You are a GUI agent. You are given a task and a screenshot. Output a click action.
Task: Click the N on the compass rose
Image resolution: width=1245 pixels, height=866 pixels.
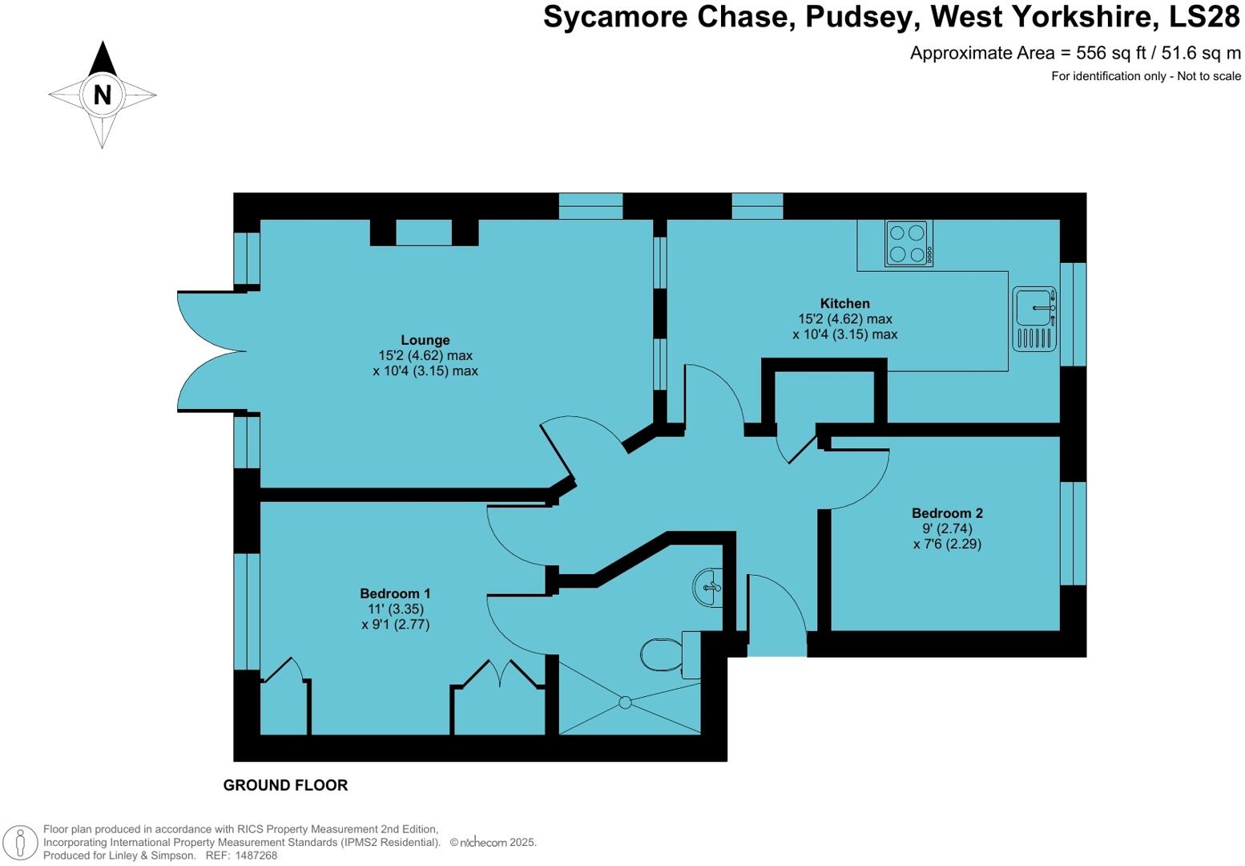(x=103, y=95)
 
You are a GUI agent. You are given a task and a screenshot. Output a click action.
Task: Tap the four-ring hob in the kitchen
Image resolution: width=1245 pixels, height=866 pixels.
(x=909, y=244)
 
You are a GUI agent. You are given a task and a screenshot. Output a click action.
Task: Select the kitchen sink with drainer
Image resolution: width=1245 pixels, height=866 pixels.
(x=1034, y=318)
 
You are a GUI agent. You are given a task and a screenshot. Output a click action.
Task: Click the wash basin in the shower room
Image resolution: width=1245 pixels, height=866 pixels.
(x=707, y=587)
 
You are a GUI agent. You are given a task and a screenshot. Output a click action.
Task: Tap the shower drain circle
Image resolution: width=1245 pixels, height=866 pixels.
(x=625, y=702)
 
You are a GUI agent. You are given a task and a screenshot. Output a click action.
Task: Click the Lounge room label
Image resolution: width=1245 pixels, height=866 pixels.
(x=425, y=340)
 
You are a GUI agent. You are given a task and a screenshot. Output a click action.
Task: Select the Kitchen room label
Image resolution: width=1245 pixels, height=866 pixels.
(x=844, y=303)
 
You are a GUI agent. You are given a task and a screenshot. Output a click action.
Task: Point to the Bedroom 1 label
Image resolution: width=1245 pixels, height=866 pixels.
(x=395, y=593)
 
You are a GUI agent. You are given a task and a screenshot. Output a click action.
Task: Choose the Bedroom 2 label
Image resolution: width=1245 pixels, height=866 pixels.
(x=947, y=513)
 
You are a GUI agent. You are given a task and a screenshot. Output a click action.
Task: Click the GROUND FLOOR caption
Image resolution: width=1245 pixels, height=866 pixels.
(x=286, y=785)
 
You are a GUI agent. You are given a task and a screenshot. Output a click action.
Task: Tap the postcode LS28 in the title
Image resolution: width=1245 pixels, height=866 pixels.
(x=1204, y=17)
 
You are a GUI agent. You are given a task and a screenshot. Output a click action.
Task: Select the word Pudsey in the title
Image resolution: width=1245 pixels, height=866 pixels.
(x=859, y=18)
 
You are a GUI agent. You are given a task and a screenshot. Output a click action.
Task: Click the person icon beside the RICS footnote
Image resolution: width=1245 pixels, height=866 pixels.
(x=21, y=843)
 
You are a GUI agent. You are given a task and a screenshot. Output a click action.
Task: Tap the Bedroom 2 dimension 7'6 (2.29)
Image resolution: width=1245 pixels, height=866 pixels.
(x=947, y=544)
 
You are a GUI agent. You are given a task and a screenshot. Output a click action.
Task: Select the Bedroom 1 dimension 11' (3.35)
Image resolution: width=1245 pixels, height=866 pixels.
(x=395, y=609)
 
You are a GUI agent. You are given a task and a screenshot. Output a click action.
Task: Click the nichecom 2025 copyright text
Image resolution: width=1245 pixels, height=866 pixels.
(x=493, y=842)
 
